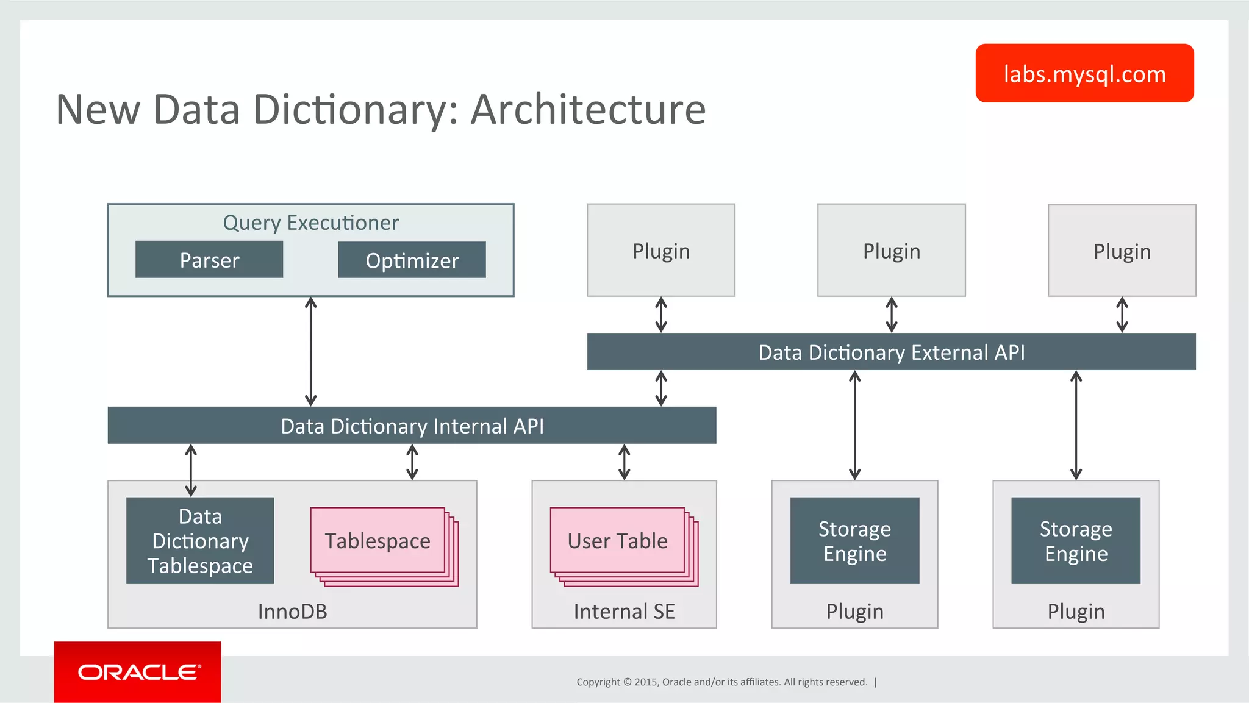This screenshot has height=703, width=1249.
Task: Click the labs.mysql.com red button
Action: [1084, 73]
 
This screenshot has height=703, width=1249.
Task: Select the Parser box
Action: [209, 260]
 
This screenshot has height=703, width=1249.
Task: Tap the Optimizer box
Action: [412, 260]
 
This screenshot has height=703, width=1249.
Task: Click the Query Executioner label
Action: [310, 223]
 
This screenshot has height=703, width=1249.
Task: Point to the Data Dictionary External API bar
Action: [891, 352]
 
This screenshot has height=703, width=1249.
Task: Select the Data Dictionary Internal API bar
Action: [412, 426]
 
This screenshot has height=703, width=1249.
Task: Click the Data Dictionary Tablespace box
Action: [200, 541]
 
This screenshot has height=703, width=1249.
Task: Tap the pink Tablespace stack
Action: [378, 541]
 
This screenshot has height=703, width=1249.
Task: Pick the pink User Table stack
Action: [618, 541]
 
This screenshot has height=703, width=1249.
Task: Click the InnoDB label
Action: [292, 611]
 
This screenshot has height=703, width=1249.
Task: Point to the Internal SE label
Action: [624, 611]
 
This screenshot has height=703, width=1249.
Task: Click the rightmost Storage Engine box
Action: [1076, 541]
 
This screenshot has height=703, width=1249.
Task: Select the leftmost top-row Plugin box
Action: [661, 251]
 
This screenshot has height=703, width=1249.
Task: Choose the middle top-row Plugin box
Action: [891, 251]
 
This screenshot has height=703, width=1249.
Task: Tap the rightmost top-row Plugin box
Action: [1122, 251]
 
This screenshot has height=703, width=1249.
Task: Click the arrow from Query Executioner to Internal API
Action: [310, 352]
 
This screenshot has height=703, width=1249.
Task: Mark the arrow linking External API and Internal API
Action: [661, 388]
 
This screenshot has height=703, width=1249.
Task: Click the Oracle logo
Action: [138, 672]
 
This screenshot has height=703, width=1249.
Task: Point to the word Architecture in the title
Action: [588, 110]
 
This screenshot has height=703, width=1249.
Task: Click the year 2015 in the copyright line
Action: [645, 682]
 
